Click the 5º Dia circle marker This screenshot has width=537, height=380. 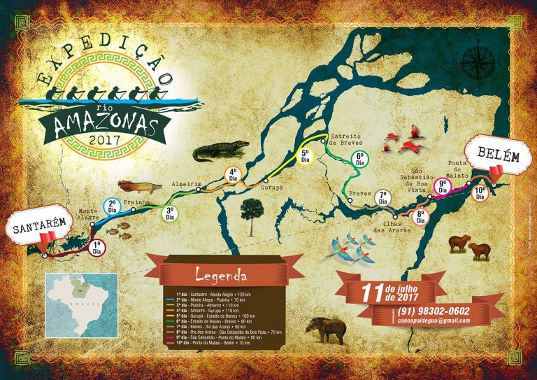coord(305,155)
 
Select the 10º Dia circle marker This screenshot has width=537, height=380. coord(480,193)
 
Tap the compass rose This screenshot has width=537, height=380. coord(478,67)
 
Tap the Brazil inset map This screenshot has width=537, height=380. coord(82,305)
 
